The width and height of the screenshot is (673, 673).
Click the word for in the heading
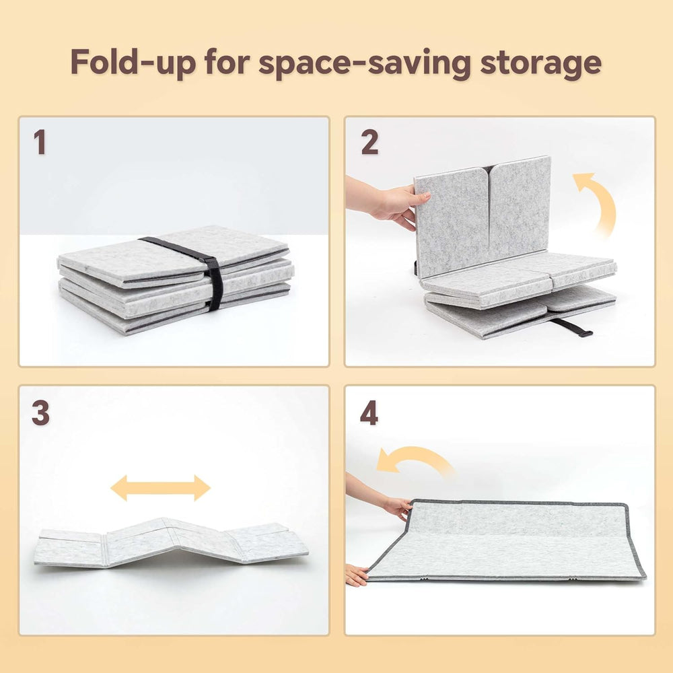coord(227,62)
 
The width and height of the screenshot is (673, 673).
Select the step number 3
coord(40,413)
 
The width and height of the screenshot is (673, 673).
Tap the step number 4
coord(369,413)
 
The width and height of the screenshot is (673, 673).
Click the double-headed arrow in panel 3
coord(161,487)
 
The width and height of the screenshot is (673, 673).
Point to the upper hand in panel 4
coord(382,498)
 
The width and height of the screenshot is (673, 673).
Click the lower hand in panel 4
coord(357,575)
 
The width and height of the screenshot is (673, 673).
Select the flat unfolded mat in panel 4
coord(507,541)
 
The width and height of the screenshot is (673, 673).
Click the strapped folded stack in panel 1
coord(175,279)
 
